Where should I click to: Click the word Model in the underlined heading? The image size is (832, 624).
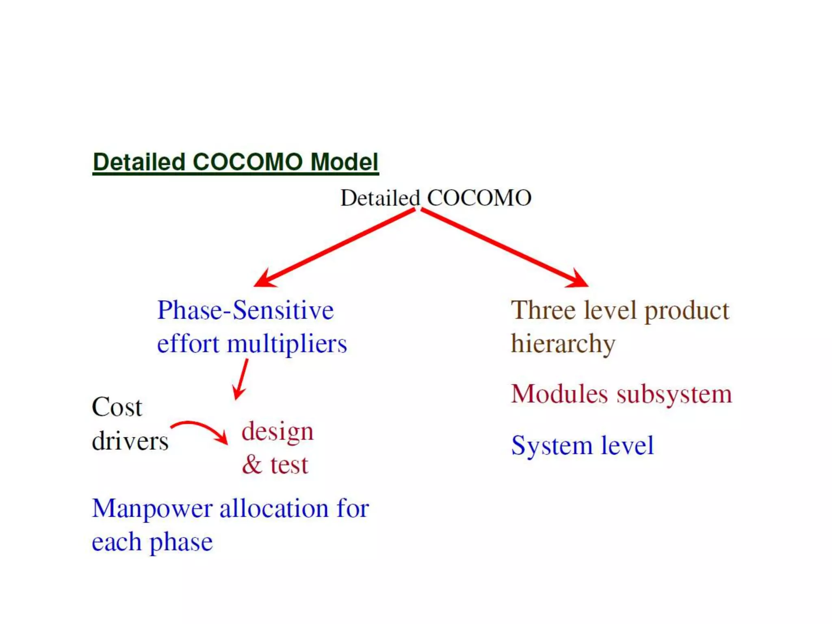click(344, 162)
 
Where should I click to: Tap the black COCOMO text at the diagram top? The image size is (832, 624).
click(479, 198)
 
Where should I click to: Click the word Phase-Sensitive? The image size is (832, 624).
click(245, 310)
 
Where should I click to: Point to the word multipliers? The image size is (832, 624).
click(287, 344)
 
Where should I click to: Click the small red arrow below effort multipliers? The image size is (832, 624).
click(240, 379)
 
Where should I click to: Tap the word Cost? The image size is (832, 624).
click(117, 407)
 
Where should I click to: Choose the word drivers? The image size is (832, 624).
click(130, 441)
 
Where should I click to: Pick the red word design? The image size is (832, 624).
click(277, 432)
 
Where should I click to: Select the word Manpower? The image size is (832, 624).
click(152, 509)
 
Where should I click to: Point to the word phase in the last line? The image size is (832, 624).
click(181, 542)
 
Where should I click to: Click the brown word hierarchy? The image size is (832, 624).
click(563, 344)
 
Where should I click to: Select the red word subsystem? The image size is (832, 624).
click(674, 394)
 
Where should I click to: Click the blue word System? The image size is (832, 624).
click(551, 446)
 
